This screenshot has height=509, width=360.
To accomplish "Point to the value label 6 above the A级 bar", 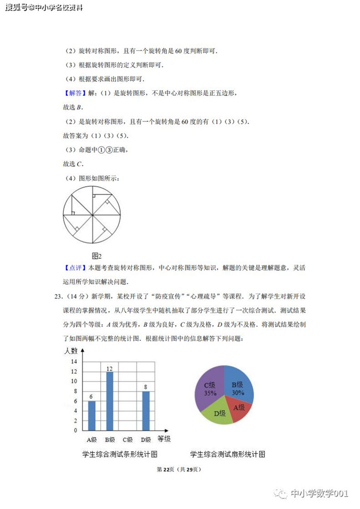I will point(91,397).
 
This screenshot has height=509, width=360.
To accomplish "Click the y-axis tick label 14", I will point(74,361).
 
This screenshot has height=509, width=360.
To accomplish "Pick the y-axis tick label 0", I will point(75,430).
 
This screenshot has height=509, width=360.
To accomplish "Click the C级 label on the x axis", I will point(127,440).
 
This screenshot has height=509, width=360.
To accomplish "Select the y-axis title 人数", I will point(70,351).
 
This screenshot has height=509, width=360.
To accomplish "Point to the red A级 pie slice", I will point(240,409).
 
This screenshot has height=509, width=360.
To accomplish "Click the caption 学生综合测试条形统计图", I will point(120,455).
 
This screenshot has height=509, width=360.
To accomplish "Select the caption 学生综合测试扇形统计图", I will point(228,455).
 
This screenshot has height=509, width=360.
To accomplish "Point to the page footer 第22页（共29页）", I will point(179,470).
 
